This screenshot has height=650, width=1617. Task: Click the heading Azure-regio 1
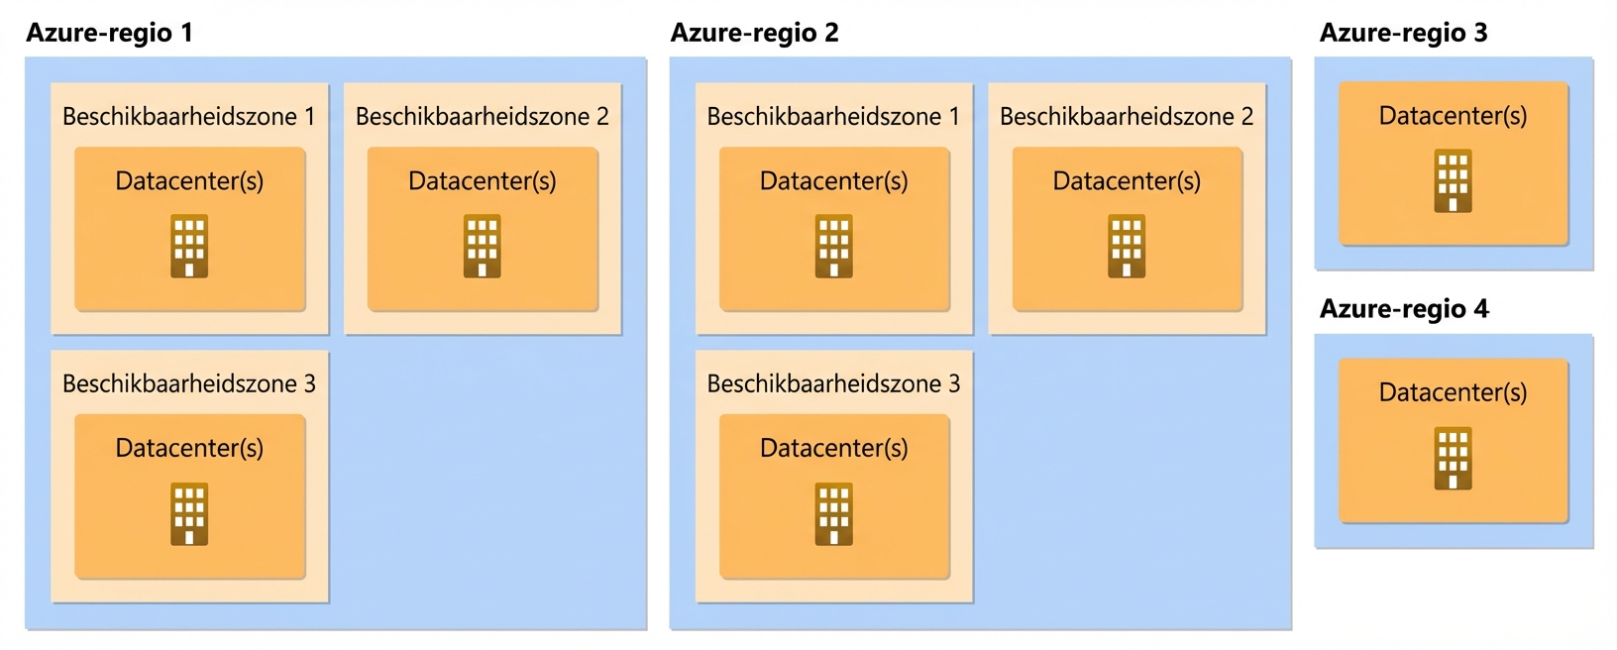tap(109, 33)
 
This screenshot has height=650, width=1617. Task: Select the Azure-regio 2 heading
tap(754, 33)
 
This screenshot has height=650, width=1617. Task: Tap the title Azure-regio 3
tap(1403, 33)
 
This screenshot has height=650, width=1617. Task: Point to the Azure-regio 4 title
tap(1404, 309)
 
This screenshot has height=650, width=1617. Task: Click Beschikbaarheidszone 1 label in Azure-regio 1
tap(188, 117)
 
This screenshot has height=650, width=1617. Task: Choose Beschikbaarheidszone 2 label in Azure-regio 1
tap(482, 117)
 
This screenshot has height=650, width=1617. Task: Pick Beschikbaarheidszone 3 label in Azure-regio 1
tap(188, 383)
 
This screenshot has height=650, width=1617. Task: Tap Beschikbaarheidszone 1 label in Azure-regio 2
tap(833, 117)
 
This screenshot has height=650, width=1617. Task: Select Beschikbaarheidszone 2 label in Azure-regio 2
tap(1127, 117)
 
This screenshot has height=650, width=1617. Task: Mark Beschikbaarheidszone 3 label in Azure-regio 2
tap(833, 383)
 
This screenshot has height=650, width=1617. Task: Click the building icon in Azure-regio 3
tap(1453, 181)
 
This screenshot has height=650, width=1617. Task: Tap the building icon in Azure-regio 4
tap(1453, 459)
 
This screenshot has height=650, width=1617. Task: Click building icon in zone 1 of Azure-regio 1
tap(189, 247)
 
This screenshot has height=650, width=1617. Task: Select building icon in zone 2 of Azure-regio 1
tap(483, 247)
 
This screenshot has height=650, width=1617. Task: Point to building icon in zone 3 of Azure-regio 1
tap(189, 514)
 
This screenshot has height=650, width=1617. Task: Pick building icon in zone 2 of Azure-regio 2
tap(1127, 247)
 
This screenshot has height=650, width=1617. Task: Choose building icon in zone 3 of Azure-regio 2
tap(834, 514)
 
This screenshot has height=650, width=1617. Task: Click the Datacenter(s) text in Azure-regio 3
tap(1453, 116)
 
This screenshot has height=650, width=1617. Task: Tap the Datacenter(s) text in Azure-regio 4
tap(1453, 392)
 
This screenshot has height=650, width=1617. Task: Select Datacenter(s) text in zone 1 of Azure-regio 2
tap(834, 181)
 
